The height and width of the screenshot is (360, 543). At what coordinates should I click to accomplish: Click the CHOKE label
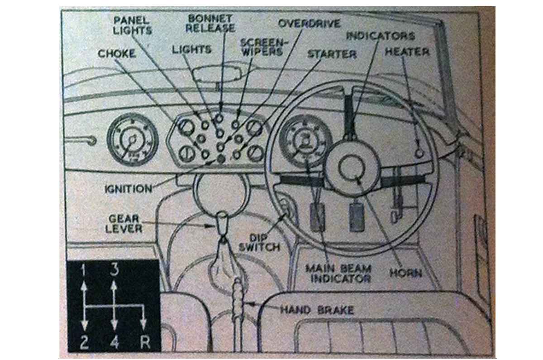117,54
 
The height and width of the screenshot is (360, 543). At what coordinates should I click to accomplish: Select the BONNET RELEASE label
211,24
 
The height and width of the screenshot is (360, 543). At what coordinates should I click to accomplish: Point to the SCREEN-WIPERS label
262,46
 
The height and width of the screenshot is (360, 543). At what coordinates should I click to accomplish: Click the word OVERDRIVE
310,23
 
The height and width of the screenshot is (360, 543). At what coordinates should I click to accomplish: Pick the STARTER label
332,54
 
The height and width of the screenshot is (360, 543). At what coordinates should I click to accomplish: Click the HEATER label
407,52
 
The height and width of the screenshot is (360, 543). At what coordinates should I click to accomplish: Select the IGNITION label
129,188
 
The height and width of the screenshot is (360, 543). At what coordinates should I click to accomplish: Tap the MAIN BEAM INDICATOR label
338,273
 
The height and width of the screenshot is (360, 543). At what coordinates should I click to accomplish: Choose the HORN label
406,273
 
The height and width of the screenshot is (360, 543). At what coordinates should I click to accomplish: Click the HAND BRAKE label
317,310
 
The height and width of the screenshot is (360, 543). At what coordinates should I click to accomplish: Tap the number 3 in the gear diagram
114,271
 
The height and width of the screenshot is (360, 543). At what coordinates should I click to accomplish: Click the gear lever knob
223,221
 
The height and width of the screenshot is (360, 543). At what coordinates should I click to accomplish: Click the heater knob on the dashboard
419,153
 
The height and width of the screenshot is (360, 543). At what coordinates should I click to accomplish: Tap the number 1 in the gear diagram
83,271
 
